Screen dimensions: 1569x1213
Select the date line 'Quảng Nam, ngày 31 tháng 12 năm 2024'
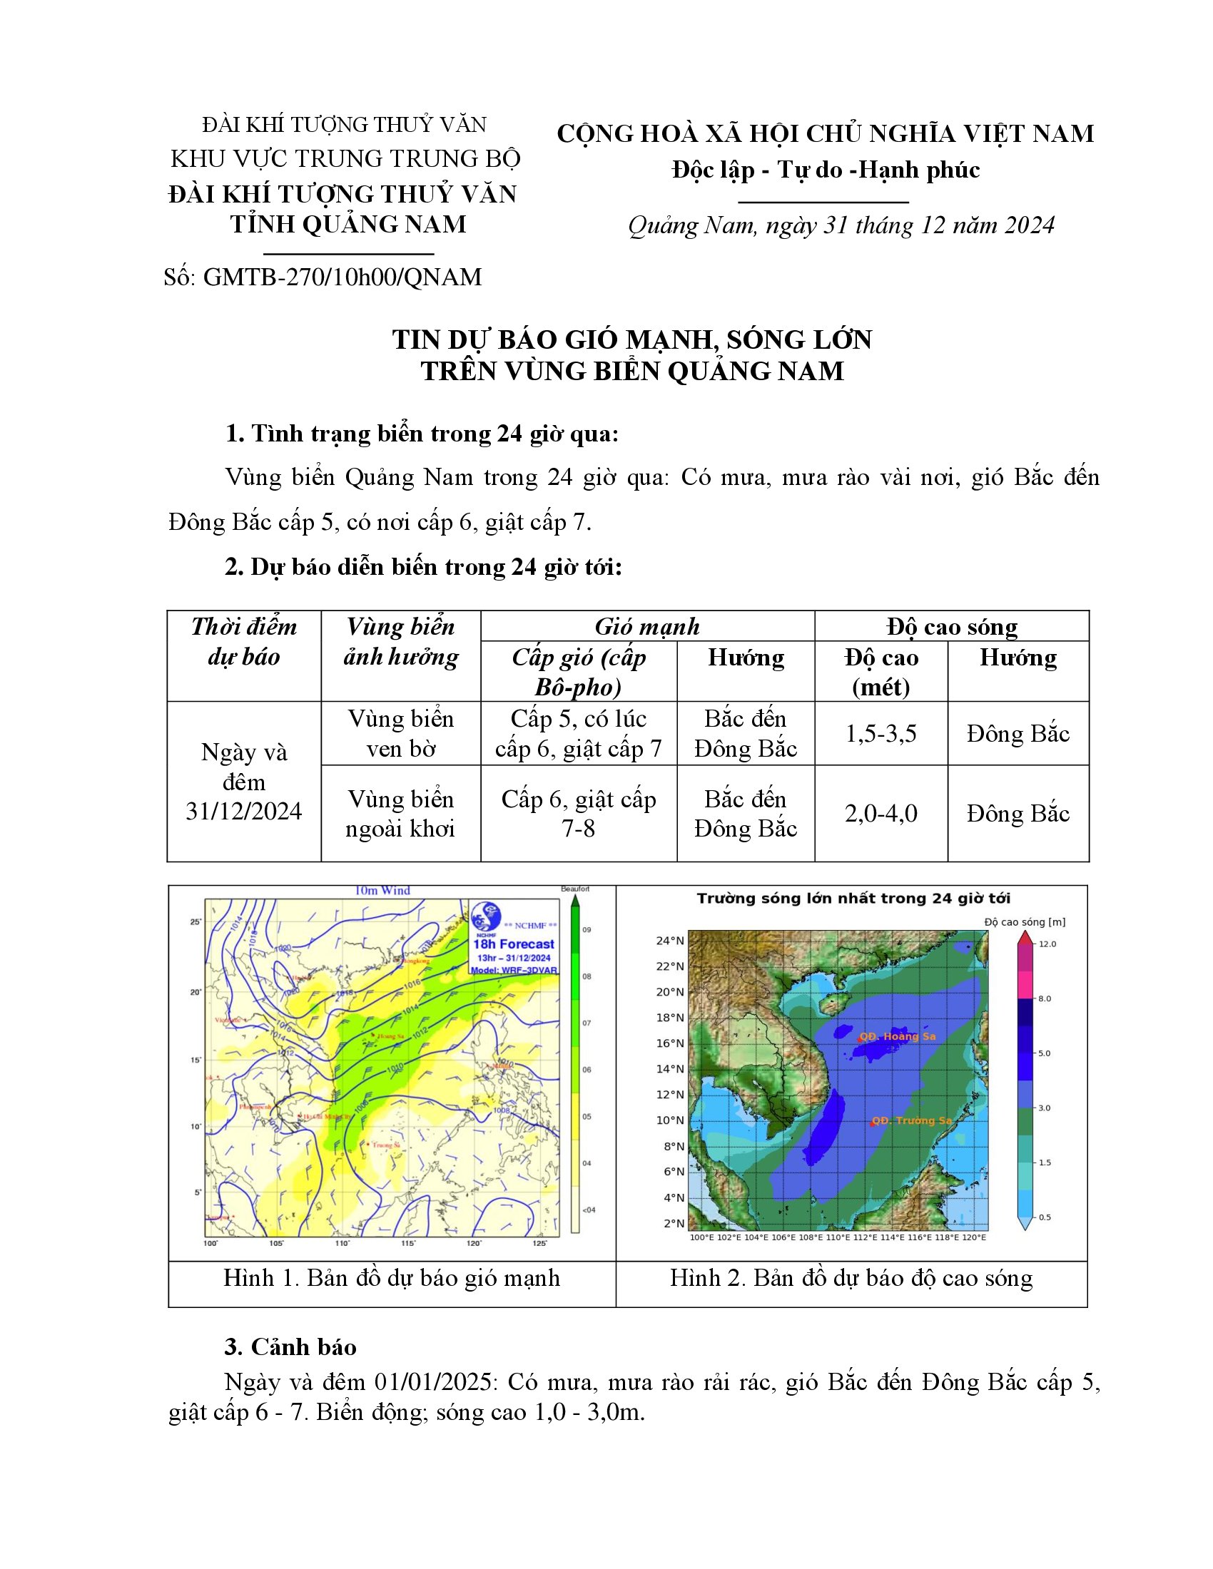coord(841,225)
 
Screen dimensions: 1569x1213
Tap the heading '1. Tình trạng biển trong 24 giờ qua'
coord(422,434)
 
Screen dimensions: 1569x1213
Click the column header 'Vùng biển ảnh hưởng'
coord(400,642)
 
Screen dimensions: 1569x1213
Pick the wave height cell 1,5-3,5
coord(880,733)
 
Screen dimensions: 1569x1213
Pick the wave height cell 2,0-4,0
coord(880,813)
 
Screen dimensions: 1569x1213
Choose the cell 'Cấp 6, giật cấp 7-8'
coord(579,813)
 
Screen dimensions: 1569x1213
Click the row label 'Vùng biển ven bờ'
coord(400,733)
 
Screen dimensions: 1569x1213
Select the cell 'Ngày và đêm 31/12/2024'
coord(243,782)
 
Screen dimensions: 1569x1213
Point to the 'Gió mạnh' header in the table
coord(646,626)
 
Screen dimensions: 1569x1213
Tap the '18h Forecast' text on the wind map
coord(513,944)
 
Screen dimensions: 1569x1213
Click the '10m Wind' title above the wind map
coord(382,891)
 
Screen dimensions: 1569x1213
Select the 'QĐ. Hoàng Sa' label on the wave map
coord(898,1037)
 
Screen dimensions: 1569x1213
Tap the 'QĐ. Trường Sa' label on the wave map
coord(913,1120)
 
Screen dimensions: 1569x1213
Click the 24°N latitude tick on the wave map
coord(669,941)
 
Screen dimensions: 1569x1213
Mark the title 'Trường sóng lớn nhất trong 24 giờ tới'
coord(853,899)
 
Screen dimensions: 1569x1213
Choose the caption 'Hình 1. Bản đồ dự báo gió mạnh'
coord(392,1278)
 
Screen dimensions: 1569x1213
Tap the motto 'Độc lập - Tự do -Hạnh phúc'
coord(826,170)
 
